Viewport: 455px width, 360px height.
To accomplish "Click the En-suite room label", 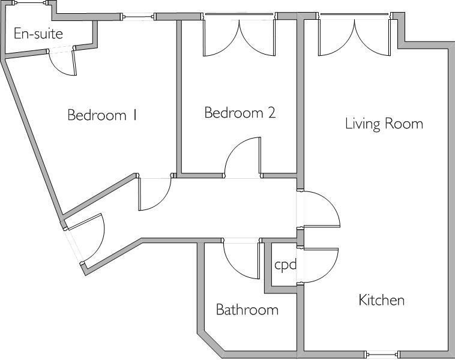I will [x=38, y=34].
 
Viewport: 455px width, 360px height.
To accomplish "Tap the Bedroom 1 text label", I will [x=102, y=115].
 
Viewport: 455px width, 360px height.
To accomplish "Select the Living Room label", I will [x=384, y=124].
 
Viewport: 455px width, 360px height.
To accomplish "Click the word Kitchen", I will [x=381, y=299].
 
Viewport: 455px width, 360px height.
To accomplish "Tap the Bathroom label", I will [x=247, y=310].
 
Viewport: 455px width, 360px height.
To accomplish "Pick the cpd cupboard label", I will [x=285, y=264].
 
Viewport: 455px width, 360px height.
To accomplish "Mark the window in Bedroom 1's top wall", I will [x=139, y=17].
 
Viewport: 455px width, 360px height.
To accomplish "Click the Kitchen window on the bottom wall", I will [x=382, y=353].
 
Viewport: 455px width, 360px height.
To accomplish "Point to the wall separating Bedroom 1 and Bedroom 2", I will [x=178, y=96].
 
